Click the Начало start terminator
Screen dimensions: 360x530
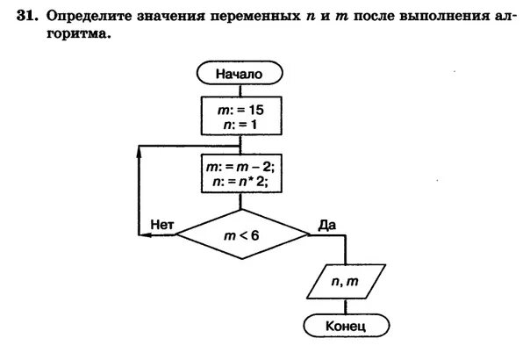click(240, 75)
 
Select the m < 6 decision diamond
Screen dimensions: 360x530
click(240, 234)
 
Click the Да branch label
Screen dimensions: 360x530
click(327, 225)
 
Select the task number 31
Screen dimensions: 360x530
click(30, 16)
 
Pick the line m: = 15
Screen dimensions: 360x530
click(240, 109)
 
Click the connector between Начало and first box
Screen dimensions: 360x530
click(240, 90)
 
